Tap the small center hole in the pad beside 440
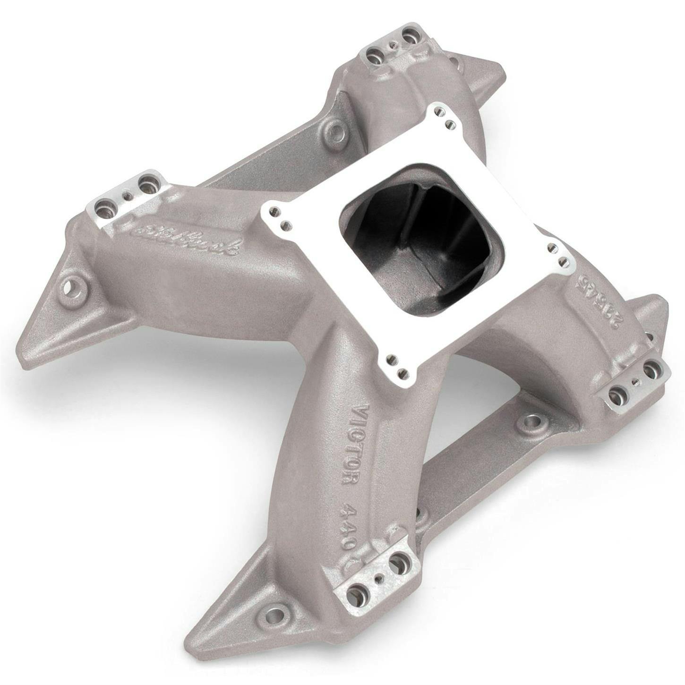377,578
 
